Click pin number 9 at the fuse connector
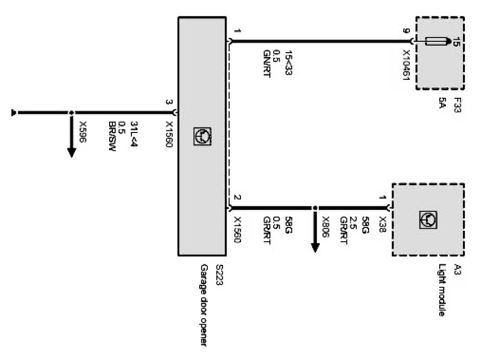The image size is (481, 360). coord(406,31)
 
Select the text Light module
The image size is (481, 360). coord(442,290)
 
